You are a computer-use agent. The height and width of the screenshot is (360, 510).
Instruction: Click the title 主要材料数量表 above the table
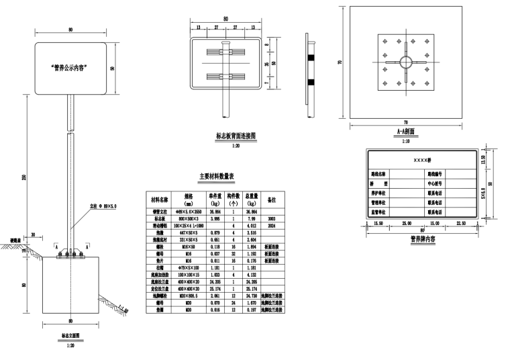click(x=216, y=177)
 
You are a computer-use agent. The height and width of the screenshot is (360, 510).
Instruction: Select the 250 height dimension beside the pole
click(x=24, y=177)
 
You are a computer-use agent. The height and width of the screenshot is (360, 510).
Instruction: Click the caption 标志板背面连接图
click(x=236, y=136)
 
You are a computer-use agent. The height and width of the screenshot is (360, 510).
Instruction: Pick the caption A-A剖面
click(x=405, y=132)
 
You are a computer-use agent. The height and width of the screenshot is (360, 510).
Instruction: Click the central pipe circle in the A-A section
click(x=406, y=62)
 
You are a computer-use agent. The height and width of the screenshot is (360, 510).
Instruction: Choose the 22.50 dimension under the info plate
click(x=460, y=223)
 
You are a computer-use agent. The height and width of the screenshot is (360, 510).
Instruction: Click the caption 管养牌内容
click(x=423, y=238)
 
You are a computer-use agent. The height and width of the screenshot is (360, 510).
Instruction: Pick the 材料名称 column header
click(x=159, y=199)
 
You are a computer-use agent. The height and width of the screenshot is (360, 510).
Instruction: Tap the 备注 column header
click(x=272, y=199)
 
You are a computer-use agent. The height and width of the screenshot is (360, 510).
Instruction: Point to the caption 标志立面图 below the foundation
click(x=68, y=334)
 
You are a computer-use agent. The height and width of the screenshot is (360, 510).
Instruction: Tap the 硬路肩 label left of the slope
click(x=15, y=238)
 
